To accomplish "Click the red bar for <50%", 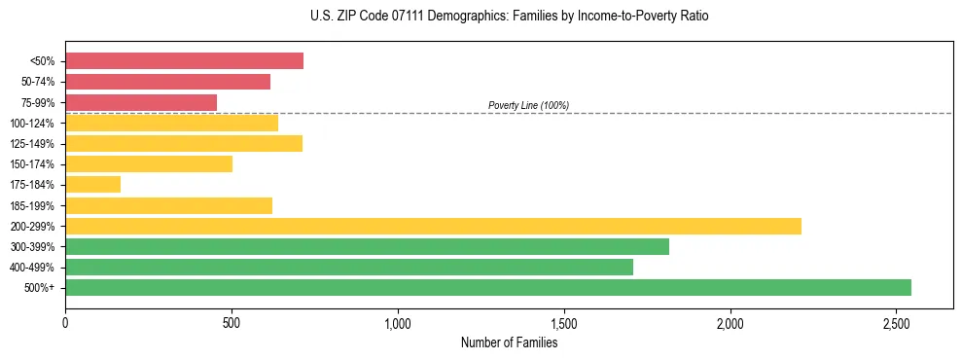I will click(184, 61).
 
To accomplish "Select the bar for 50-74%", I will click(167, 82).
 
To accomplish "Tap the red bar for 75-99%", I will click(141, 102).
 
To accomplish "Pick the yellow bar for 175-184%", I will click(92, 185).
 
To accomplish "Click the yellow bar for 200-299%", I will click(433, 226).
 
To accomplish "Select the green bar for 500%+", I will click(487, 287).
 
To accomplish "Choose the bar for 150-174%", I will click(149, 163).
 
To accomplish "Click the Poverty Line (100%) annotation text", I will click(528, 105).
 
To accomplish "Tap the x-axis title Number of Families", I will click(509, 342).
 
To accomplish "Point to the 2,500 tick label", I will click(896, 322).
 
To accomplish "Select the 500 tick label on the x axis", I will click(232, 322).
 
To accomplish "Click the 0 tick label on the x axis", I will click(65, 322).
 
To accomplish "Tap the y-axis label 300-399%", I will click(37, 246).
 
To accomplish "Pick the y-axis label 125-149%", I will click(37, 144).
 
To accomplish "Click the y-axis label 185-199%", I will click(37, 205).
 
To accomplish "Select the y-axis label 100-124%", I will click(37, 124).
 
